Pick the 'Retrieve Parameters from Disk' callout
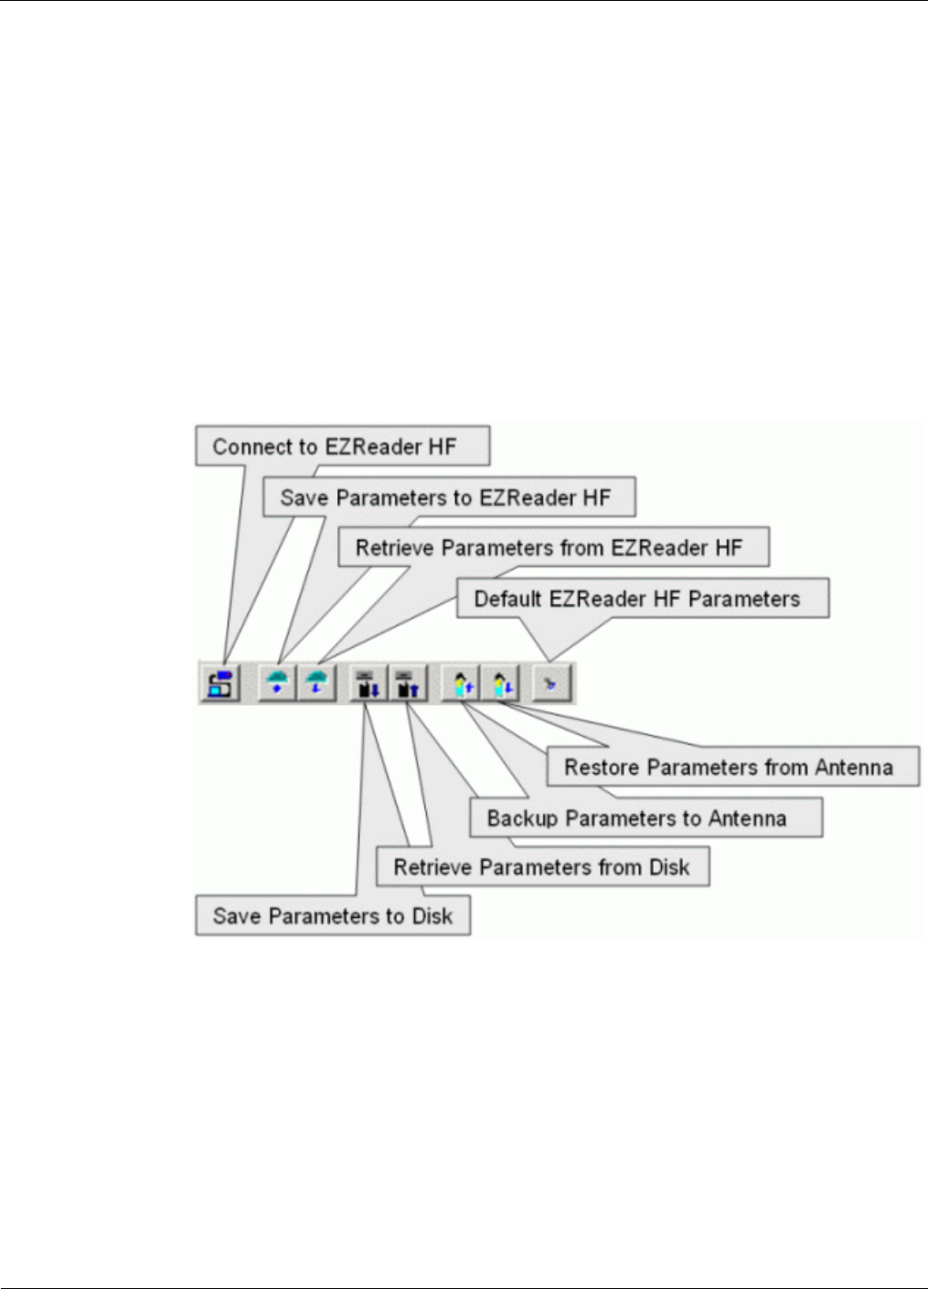542,866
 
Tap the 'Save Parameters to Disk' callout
333,916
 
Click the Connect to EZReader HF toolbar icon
220,683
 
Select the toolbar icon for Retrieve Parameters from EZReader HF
316,683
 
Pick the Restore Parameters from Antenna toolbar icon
501,683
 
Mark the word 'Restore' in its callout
598,767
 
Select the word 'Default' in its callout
507,599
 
